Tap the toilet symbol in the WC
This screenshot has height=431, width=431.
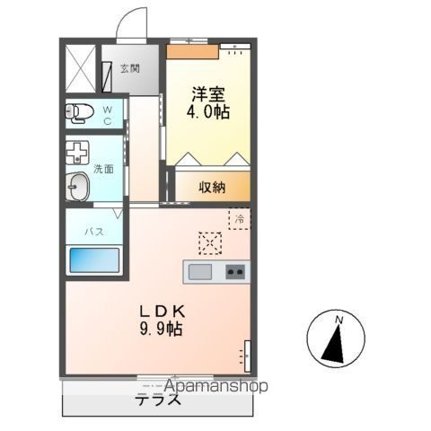point(80,112)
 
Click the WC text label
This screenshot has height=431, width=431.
point(106,114)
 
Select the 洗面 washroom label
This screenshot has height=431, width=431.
point(103,168)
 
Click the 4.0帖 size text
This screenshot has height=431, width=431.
point(207,114)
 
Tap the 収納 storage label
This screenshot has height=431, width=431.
point(213,188)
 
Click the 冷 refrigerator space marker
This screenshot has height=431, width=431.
point(240,218)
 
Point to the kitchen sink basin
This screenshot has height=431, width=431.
point(199,271)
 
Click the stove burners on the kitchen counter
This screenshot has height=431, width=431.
point(236,271)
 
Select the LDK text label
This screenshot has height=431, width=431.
point(162,310)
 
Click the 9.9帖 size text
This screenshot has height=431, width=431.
point(163,330)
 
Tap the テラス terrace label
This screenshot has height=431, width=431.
point(159,400)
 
